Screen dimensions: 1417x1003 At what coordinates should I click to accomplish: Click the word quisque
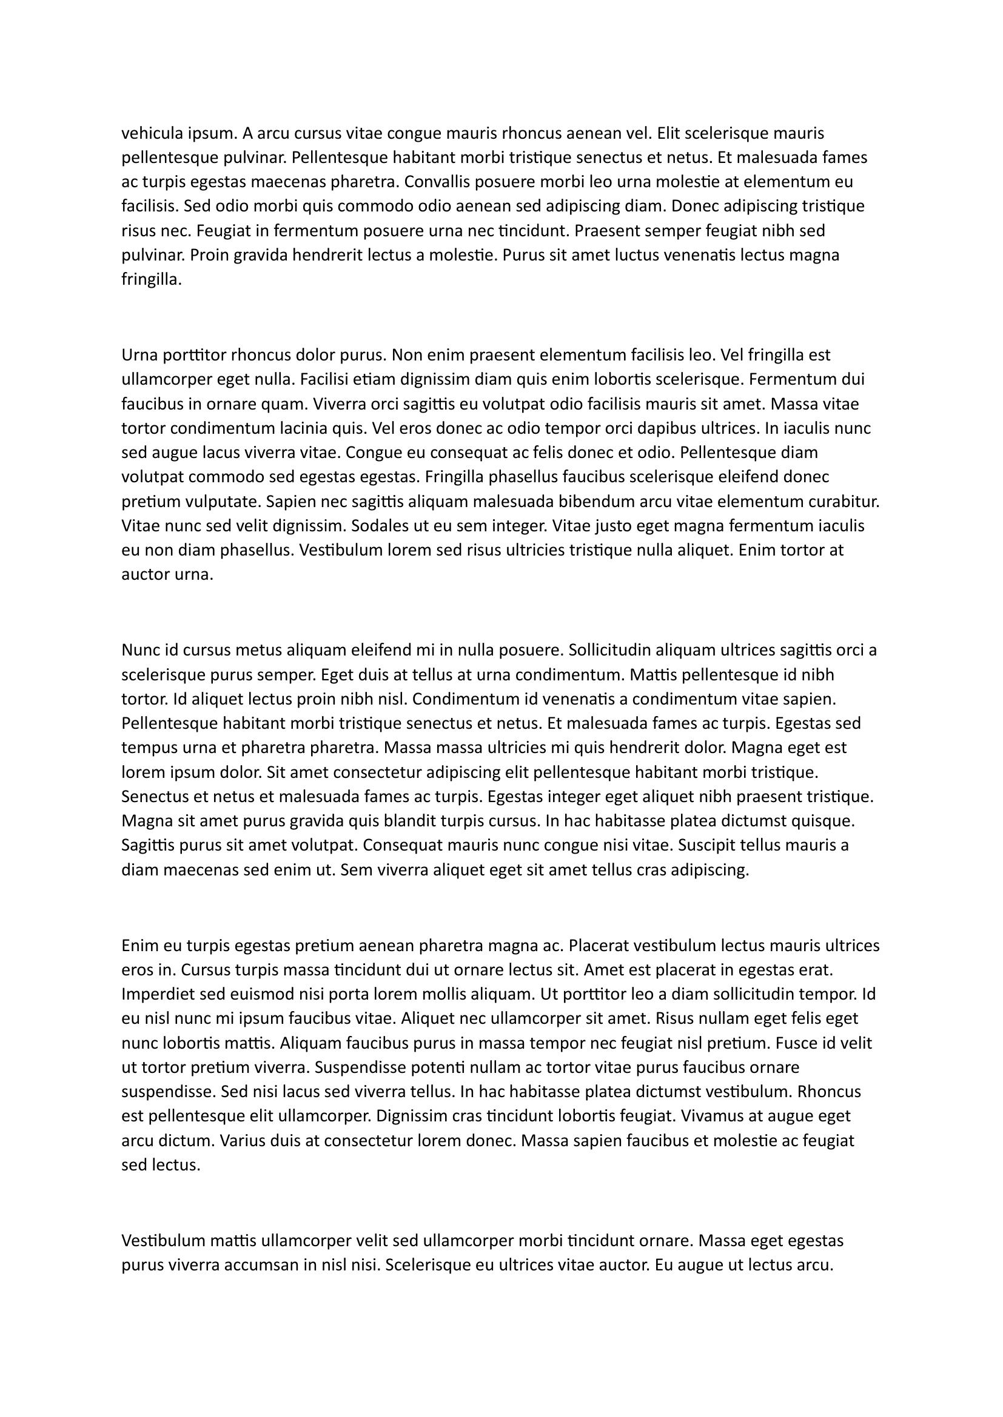click(824, 821)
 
